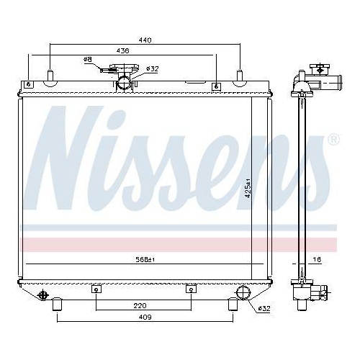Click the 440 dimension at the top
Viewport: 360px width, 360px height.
coord(145,41)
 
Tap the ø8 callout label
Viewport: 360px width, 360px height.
coord(88,60)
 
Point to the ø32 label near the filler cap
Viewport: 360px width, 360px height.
coord(152,69)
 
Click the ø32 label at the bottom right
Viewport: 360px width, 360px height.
coord(264,309)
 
